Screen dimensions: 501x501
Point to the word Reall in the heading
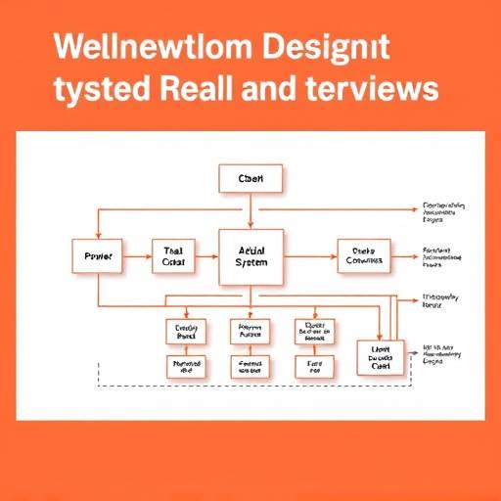coord(209,89)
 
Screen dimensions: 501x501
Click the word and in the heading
coord(289,89)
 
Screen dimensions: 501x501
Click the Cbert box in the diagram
coord(250,179)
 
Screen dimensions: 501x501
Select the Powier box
coord(99,256)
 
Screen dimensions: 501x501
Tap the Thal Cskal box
coord(174,256)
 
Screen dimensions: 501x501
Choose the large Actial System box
coord(251,256)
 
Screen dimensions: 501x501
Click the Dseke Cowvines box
coord(363,256)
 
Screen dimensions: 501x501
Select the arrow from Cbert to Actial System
coord(251,210)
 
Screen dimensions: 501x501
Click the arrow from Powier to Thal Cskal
coord(138,256)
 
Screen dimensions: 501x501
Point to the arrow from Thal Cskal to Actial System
coord(207,256)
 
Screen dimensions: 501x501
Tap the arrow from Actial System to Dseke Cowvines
coord(310,256)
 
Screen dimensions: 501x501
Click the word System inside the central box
coord(251,264)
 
